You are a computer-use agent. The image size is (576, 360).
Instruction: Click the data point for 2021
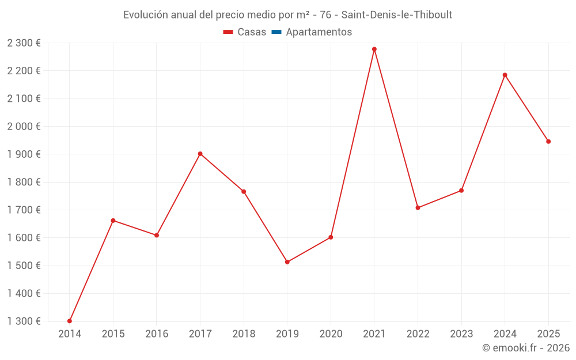click(374, 50)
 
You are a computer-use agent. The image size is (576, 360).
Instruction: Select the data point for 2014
click(70, 321)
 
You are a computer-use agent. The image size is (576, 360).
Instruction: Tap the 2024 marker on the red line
click(505, 75)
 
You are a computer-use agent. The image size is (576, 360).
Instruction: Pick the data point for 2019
click(287, 262)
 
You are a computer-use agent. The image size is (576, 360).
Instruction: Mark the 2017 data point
click(200, 154)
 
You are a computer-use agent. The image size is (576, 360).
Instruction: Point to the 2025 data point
click(548, 142)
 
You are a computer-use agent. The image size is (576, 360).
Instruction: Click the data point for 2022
click(418, 208)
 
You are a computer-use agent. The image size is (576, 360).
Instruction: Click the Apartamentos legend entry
click(319, 32)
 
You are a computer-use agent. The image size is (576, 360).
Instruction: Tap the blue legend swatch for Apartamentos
click(276, 32)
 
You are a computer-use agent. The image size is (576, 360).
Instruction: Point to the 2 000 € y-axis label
click(24, 126)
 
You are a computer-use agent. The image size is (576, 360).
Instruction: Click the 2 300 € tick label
click(24, 43)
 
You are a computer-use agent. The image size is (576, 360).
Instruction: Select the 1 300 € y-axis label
click(24, 321)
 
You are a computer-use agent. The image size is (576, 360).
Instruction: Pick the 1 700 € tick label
click(24, 210)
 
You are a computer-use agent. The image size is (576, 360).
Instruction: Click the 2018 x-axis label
click(244, 334)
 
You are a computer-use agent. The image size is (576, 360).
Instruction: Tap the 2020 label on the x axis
click(331, 334)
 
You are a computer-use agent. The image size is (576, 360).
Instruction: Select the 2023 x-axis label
click(461, 334)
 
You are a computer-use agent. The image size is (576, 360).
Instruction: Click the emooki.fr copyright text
click(526, 348)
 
